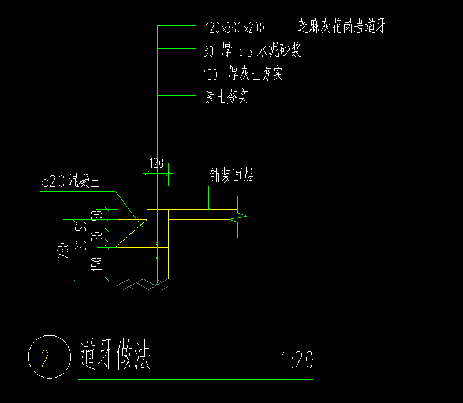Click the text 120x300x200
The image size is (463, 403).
click(234, 27)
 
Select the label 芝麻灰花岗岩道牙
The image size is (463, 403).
click(341, 26)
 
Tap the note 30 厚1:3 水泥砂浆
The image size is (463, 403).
click(252, 51)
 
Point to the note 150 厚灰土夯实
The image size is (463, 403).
click(243, 74)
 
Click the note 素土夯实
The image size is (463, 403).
click(227, 97)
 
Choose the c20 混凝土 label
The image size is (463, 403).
click(70, 182)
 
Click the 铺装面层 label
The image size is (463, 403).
click(231, 177)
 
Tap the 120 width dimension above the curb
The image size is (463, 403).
click(156, 163)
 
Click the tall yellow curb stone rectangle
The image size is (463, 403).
click(157, 225)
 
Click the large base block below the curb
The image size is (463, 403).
click(141, 263)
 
